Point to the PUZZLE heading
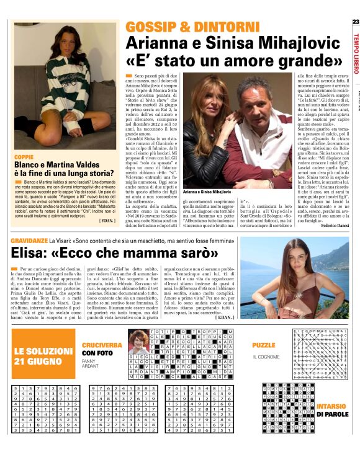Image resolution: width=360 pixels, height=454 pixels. (264, 344)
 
